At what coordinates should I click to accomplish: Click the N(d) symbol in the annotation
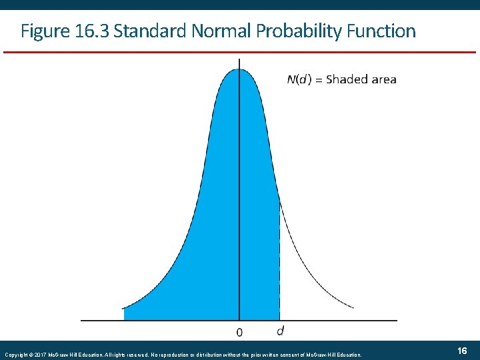(x=298, y=79)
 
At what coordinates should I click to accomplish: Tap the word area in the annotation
(x=383, y=79)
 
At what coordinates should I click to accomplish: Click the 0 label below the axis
(x=239, y=331)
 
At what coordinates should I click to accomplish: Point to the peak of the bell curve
(x=239, y=69)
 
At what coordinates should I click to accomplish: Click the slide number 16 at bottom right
(x=462, y=351)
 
